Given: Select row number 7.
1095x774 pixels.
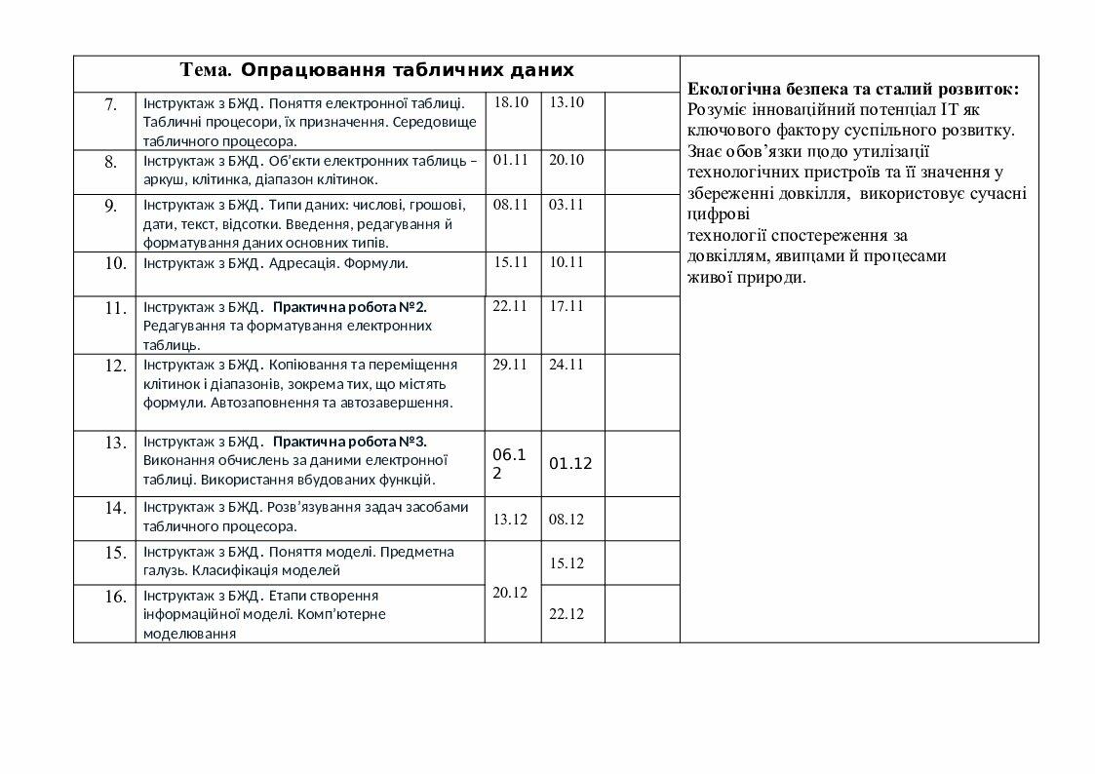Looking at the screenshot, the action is [110, 103].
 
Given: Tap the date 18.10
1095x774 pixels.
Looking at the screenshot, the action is [511, 102].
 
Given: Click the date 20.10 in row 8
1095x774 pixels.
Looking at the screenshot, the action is [566, 160].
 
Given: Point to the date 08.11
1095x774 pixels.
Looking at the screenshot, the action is [511, 205].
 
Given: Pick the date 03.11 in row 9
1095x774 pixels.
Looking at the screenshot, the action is [566, 205].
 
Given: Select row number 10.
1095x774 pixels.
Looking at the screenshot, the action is [114, 263].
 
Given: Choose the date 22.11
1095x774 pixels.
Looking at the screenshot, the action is [510, 306].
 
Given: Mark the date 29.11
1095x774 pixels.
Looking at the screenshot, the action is [510, 365].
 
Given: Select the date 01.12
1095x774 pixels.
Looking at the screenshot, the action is [570, 464].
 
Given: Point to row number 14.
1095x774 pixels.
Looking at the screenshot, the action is [114, 508].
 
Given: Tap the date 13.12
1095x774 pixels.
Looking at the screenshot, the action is [510, 520].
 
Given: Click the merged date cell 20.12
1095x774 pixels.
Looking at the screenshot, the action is [510, 593].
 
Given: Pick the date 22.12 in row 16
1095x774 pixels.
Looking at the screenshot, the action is [567, 614].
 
